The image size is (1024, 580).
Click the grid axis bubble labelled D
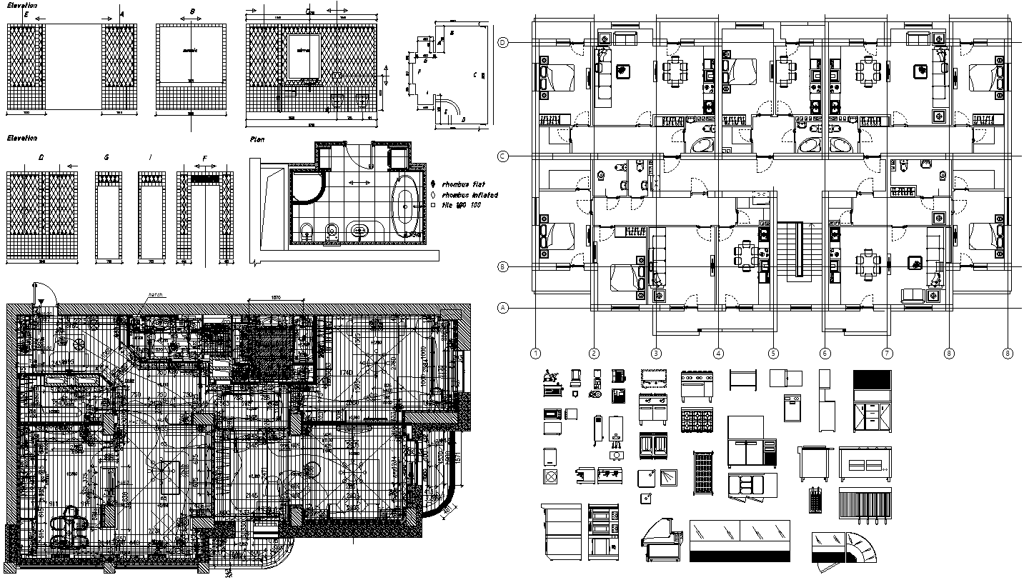pos(503,43)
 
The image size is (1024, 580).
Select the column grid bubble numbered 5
pos(773,353)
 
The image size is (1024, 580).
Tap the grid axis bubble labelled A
pos(503,309)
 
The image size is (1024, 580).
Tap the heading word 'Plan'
pos(257,140)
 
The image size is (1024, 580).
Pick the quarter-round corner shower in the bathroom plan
pos(307,185)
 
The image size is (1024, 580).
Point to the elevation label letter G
pos(106,156)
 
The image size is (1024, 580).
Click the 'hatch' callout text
pos(155,294)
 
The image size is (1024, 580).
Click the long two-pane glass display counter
pos(740,540)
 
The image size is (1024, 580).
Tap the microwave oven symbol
pos(552,413)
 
